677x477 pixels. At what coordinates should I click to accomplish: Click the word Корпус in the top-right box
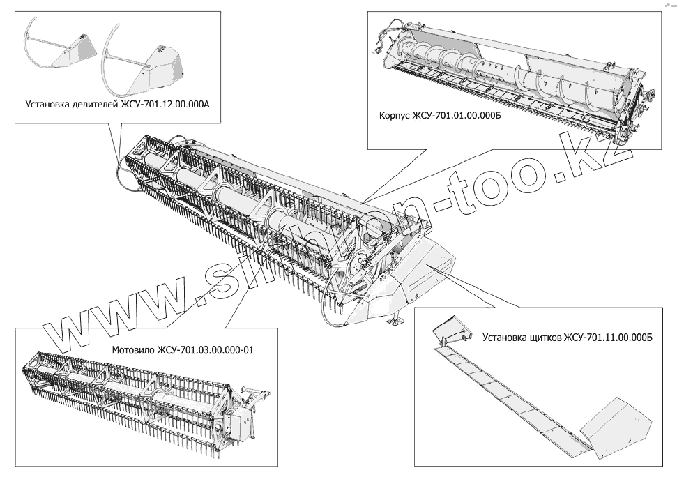click(x=390, y=116)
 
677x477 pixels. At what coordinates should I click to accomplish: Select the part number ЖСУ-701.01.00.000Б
click(x=455, y=116)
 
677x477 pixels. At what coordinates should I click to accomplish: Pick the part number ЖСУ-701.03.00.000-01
click(x=205, y=349)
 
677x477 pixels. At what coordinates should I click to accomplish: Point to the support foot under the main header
click(x=395, y=321)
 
